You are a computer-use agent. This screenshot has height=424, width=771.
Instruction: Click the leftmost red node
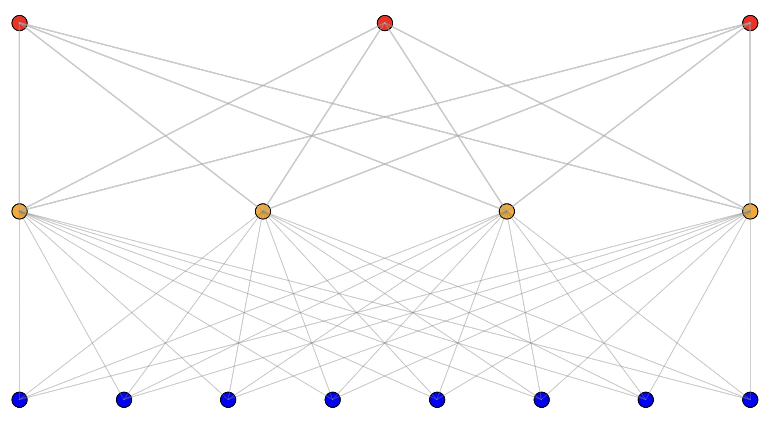pyautogui.click(x=19, y=23)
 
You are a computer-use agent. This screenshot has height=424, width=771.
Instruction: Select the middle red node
pyautogui.click(x=385, y=23)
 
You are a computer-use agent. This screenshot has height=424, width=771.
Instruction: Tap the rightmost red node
pyautogui.click(x=750, y=23)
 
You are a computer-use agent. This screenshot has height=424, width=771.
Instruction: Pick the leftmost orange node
pyautogui.click(x=19, y=211)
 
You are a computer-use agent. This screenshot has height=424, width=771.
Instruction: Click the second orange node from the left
pyautogui.click(x=263, y=211)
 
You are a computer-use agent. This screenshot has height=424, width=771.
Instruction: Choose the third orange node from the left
pyautogui.click(x=507, y=211)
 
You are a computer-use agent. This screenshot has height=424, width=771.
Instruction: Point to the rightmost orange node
pyautogui.click(x=750, y=211)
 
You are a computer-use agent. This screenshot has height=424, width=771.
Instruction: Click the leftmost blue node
pyautogui.click(x=19, y=400)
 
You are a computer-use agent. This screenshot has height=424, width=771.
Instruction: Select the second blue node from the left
pyautogui.click(x=124, y=400)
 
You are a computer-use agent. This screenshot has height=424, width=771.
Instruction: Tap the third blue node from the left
pyautogui.click(x=228, y=400)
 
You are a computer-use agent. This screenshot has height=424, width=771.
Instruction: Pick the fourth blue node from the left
pyautogui.click(x=332, y=400)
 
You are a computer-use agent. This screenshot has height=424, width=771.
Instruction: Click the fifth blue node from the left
pyautogui.click(x=437, y=400)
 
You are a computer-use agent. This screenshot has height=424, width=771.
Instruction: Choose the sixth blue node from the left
pyautogui.click(x=541, y=400)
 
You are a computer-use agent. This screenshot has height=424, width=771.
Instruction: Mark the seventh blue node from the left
pyautogui.click(x=646, y=400)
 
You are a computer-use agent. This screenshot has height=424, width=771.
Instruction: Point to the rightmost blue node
pyautogui.click(x=750, y=400)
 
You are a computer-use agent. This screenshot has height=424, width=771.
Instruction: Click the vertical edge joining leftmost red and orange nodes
pyautogui.click(x=19, y=116)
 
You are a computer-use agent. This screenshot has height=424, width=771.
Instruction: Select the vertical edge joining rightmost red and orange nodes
pyautogui.click(x=750, y=116)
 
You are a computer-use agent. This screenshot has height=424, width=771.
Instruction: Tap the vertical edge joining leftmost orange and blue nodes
pyautogui.click(x=19, y=306)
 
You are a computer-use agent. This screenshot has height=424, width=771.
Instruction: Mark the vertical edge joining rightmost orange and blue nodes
pyautogui.click(x=750, y=306)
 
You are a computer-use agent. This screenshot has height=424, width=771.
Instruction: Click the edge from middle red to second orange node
pyautogui.click(x=324, y=117)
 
